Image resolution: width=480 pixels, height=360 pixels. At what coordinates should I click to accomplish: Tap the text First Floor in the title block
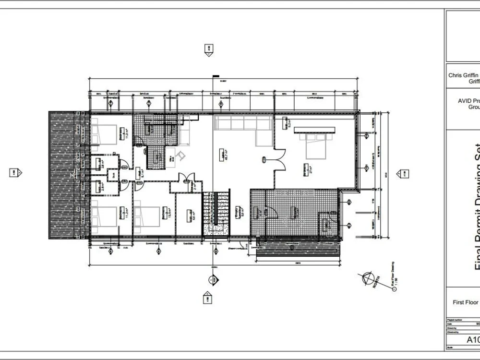click(x=466, y=302)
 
